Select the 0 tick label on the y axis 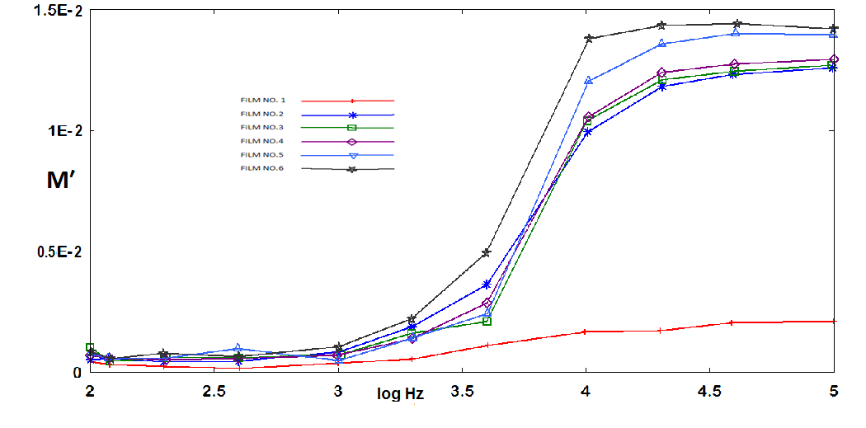tap(77, 373)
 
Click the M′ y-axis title tap(63, 183)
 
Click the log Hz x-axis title tap(402, 395)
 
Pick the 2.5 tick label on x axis tap(214, 388)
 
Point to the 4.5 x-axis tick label tap(710, 388)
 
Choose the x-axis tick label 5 tap(834, 388)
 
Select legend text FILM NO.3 tap(261, 127)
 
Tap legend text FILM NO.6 tap(261, 168)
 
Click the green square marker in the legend tap(351, 128)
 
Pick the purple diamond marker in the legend tap(351, 142)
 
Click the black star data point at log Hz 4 tap(589, 39)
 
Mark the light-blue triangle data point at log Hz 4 tap(588, 81)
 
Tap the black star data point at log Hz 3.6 tap(487, 252)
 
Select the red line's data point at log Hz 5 tap(834, 321)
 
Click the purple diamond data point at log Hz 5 tap(834, 59)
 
